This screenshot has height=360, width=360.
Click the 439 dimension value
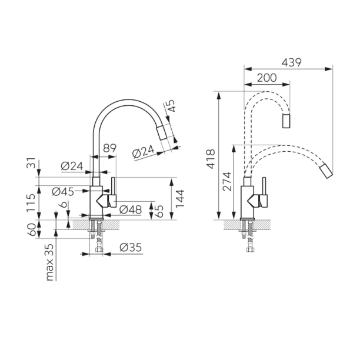tap(291, 63)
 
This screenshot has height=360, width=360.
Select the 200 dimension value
tap(267, 78)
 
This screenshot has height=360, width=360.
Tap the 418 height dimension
tap(211, 159)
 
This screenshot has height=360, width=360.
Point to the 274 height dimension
tap(228, 181)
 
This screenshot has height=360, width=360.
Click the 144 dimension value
tap(180, 199)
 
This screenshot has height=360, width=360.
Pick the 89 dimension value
tap(109, 148)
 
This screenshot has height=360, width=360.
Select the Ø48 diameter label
tap(131, 209)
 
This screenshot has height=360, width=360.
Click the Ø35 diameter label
tap(131, 247)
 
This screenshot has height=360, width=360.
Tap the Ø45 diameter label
tap(63, 192)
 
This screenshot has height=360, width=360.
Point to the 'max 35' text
tap(50, 262)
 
